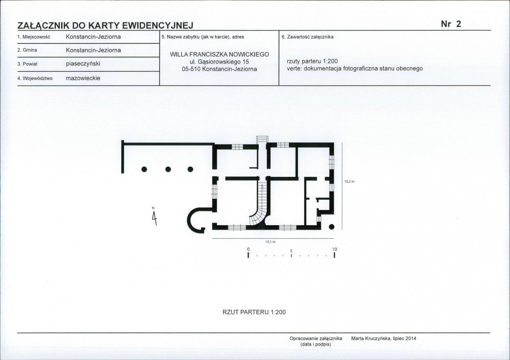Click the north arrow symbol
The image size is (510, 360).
[x=154, y=217]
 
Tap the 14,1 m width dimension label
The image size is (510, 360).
[x=270, y=242]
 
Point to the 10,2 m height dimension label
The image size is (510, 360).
[x=349, y=182]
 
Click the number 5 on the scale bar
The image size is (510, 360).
[x=291, y=251]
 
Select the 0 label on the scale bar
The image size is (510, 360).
[x=248, y=249]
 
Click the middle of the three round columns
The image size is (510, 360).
[x=168, y=169]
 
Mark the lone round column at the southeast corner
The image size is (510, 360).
[x=331, y=227]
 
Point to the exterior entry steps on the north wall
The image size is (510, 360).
[x=262, y=139]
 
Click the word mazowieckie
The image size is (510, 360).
[x=83, y=78]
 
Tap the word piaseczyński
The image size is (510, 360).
[x=83, y=64]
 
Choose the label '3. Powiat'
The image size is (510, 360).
[x=28, y=64]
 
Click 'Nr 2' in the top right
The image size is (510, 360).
[x=451, y=24]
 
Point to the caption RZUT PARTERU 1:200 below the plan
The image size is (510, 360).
[x=254, y=312]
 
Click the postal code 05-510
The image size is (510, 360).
[x=191, y=69]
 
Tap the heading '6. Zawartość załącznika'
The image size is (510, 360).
[x=308, y=37]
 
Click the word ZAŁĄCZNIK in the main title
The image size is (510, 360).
[x=43, y=26]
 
